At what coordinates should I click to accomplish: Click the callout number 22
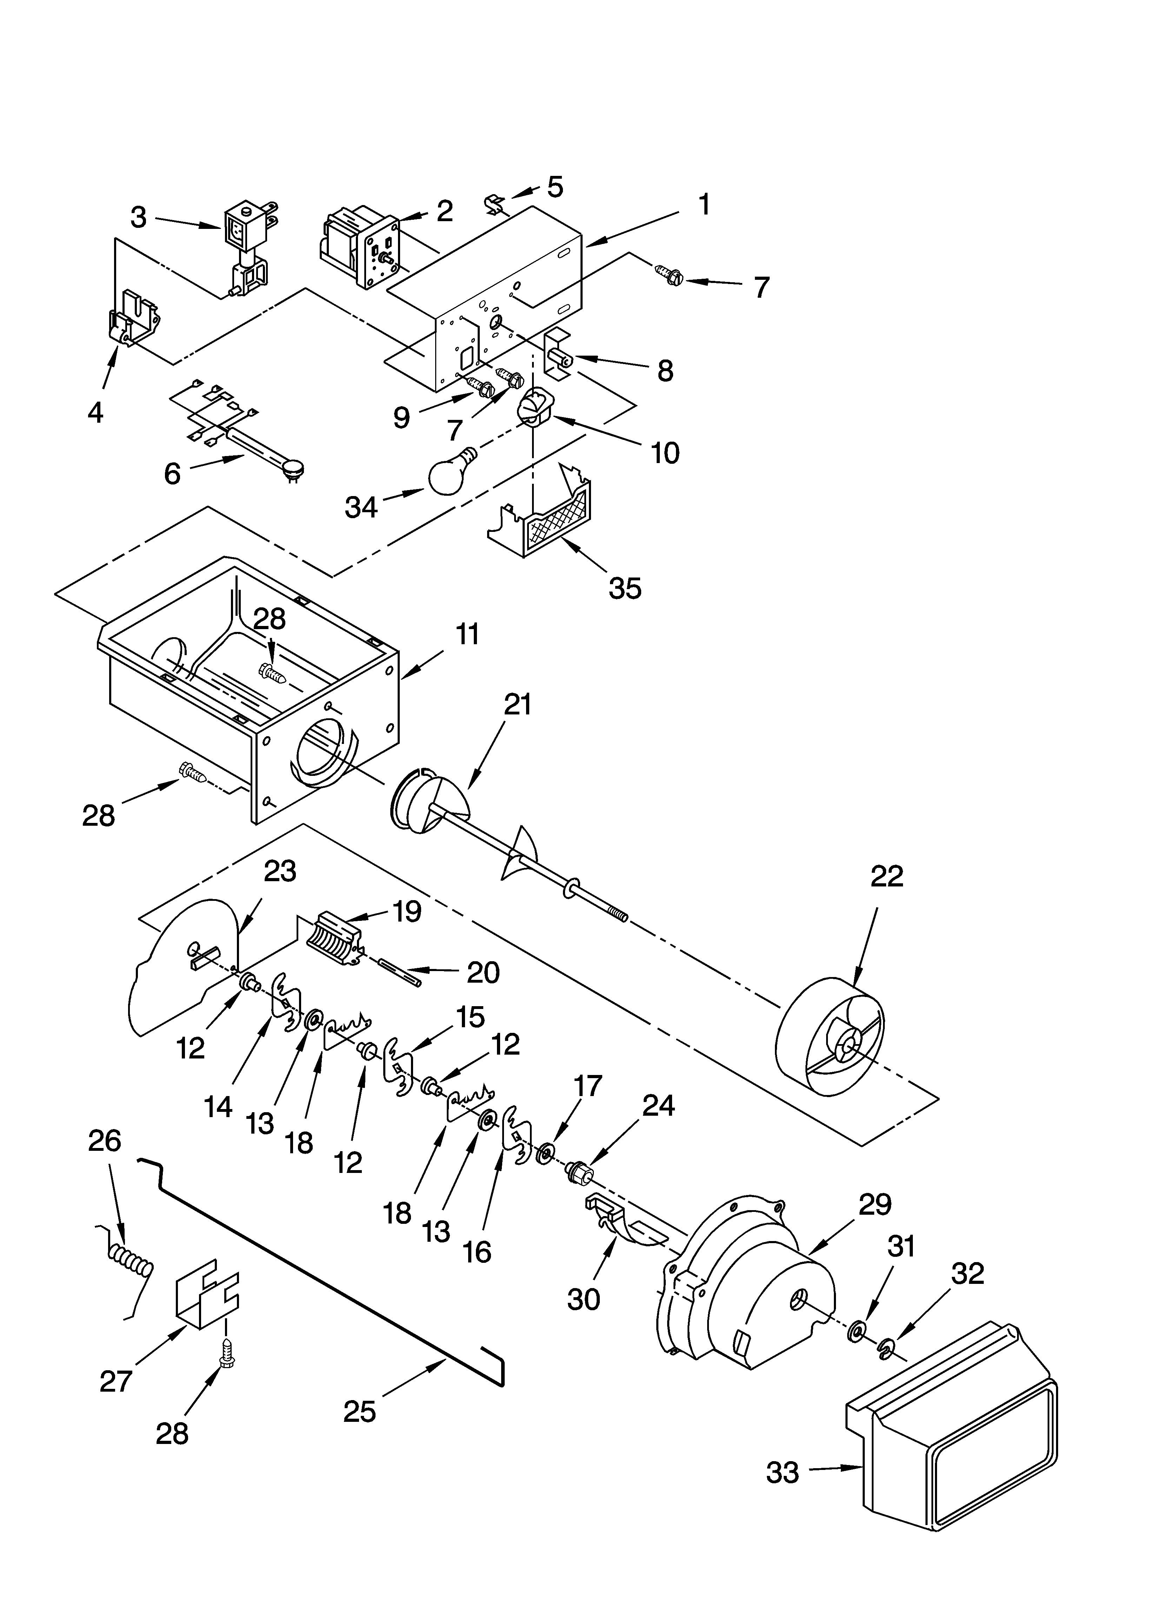(x=887, y=877)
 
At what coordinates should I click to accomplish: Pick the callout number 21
(x=517, y=704)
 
